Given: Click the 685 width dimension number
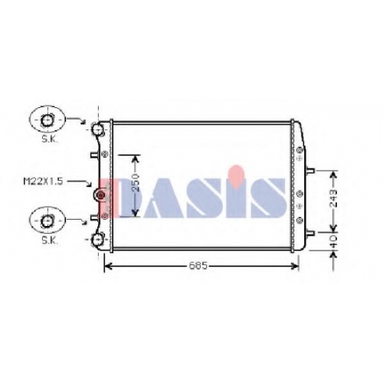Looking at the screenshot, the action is coord(198,266).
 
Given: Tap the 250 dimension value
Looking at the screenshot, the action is coord(136,182).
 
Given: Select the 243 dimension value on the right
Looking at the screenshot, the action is coord(333,198).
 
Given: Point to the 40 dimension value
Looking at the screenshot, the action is coord(334,241).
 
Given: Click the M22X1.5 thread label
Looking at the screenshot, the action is coord(43,182).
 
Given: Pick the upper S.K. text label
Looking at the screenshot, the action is coord(50,139).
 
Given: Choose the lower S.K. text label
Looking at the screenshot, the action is coord(50,241).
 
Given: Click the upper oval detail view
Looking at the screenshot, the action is coord(47,119).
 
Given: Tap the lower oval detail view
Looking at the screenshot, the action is coord(47,221).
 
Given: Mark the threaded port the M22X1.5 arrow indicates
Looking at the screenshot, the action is coord(100,195).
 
